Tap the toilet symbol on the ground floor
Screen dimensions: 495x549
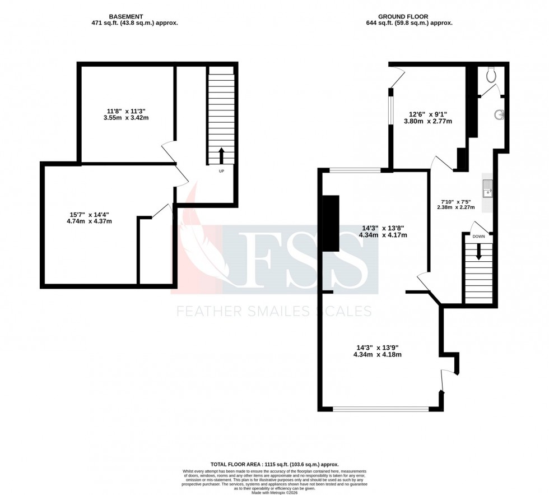click(x=492, y=74)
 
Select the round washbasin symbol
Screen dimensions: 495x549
click(x=499, y=115)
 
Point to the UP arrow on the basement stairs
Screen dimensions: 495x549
click(x=221, y=155)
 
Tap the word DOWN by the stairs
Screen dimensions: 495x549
click(x=478, y=237)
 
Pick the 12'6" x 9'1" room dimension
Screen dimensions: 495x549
click(x=428, y=117)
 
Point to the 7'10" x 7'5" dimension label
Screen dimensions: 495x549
click(x=456, y=203)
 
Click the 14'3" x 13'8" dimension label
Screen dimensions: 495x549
click(x=383, y=232)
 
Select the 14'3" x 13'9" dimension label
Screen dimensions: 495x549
click(x=378, y=350)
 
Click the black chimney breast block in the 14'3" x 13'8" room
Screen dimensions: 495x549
click(x=331, y=223)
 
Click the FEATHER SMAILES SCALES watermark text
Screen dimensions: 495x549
click(x=274, y=311)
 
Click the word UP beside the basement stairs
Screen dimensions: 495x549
click(x=221, y=171)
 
